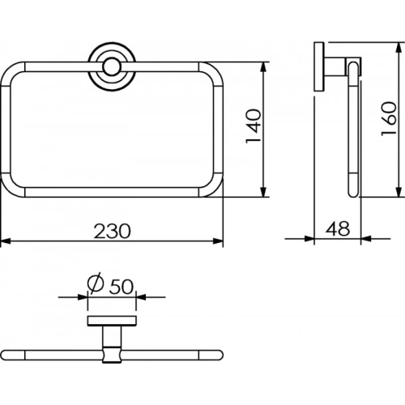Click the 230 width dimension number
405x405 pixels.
click(x=113, y=231)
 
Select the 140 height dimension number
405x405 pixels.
click(x=254, y=126)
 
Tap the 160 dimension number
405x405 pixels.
click(x=389, y=119)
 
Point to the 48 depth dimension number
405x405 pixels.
click(x=338, y=228)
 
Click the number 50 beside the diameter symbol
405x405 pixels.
click(x=122, y=286)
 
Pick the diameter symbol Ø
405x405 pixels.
click(x=96, y=283)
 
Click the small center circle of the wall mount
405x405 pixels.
click(x=111, y=66)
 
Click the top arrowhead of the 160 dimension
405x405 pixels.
click(x=399, y=47)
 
